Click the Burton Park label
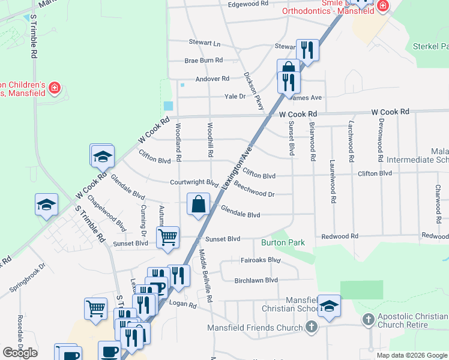point(283,243)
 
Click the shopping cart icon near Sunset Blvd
point(168,237)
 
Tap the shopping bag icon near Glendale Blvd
point(199,205)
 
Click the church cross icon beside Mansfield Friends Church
point(311,327)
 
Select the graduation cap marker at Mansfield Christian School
point(329,307)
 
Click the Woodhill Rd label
point(210,140)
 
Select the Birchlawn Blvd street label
point(256,280)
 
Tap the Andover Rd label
point(212,79)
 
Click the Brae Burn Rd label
point(203,61)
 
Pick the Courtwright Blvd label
point(193,182)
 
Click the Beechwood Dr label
point(254,190)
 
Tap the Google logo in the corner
point(20,353)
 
